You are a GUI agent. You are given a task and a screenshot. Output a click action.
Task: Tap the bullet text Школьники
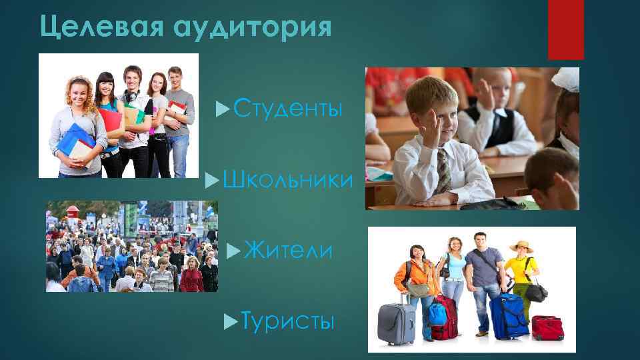288,179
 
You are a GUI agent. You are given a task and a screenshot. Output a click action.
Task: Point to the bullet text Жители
288,251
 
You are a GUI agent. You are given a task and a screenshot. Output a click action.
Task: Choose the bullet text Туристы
287,322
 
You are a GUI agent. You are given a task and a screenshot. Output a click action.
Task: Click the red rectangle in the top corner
565,29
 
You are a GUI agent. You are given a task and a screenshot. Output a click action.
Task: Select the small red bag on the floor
547,327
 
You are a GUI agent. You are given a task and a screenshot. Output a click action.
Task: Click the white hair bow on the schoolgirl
565,79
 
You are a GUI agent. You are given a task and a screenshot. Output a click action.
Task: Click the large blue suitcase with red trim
508,314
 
